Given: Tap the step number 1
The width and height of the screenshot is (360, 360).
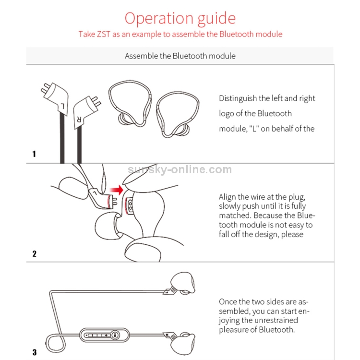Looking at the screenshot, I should [x=34, y=154].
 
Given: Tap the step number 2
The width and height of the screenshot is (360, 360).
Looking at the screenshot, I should [x=34, y=253].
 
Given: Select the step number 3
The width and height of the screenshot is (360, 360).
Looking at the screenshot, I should [x=34, y=352].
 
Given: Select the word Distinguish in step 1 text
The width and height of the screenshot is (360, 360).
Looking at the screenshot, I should [x=238, y=98].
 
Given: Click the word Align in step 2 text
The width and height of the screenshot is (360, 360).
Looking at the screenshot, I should [x=228, y=197].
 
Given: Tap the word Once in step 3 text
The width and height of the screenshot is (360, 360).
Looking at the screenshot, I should [x=228, y=302].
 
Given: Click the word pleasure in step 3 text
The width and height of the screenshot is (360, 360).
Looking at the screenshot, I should [x=234, y=329].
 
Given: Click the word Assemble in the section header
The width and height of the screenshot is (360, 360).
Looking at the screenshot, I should [x=141, y=56].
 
